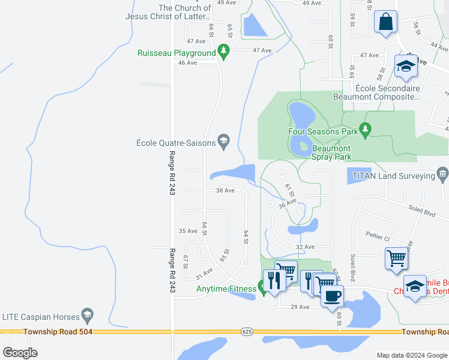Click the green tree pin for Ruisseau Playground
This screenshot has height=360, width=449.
click(x=224, y=52)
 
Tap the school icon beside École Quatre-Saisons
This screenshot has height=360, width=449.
click(x=224, y=142)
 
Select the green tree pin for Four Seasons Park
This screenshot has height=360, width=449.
click(x=365, y=129)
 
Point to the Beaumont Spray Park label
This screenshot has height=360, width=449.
click(x=331, y=152)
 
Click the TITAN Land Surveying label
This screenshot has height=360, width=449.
click(x=393, y=176)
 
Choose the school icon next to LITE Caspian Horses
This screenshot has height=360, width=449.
click(x=88, y=316)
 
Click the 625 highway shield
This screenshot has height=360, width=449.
click(x=247, y=331)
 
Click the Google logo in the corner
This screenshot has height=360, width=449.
click(x=20, y=352)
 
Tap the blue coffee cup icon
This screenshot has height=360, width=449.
click(x=332, y=295)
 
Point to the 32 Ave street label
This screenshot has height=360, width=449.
click(x=305, y=247)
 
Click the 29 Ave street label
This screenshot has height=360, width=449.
click(x=299, y=307)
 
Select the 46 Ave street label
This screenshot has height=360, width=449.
click(x=187, y=62)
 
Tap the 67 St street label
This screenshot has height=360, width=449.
click(x=185, y=262)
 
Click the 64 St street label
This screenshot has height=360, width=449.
click(x=246, y=236)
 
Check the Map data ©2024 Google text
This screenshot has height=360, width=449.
click(x=411, y=355)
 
